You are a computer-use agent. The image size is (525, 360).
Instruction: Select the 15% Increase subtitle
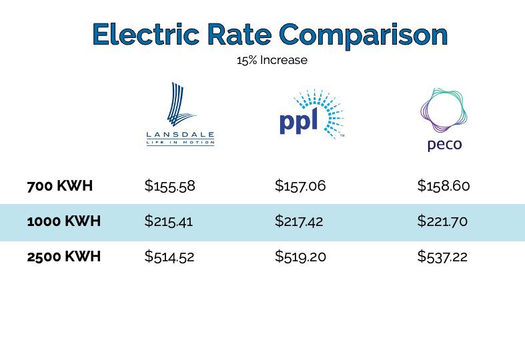[272, 61]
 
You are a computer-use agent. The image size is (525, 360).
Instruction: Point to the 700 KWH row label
[60, 186]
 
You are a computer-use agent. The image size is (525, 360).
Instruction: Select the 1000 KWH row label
[64, 221]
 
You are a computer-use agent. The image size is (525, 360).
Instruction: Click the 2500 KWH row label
[64, 256]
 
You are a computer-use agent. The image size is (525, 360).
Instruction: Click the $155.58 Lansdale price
[169, 186]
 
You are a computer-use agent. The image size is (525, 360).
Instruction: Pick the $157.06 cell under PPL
[300, 186]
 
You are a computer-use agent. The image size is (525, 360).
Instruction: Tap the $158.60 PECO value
[444, 186]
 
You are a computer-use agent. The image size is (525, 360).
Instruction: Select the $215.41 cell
[168, 221]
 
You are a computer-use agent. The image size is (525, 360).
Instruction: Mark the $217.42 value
[299, 221]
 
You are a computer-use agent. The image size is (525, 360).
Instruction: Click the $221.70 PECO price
[442, 221]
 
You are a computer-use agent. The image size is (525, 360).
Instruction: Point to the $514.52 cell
[169, 256]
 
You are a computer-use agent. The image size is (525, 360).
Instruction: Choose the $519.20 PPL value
[300, 256]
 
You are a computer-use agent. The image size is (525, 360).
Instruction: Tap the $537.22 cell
[442, 256]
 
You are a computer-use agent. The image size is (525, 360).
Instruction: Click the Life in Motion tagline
[180, 142]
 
